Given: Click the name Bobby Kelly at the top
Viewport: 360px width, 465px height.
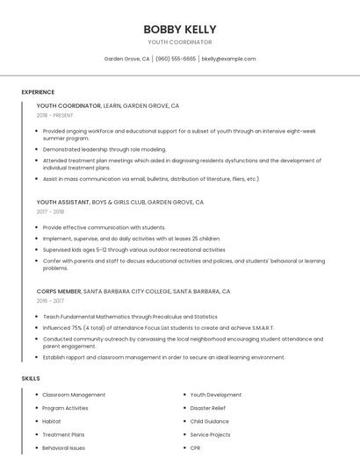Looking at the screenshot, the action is (x=180, y=29).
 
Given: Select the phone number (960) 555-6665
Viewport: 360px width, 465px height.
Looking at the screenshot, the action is (x=176, y=59).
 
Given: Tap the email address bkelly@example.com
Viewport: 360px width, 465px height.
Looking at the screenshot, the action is (x=228, y=59).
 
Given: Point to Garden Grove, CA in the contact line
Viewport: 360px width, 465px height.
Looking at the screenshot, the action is (x=126, y=59).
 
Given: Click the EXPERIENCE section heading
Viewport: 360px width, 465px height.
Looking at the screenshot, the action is (x=38, y=92).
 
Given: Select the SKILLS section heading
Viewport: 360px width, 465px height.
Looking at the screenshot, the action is (x=31, y=378).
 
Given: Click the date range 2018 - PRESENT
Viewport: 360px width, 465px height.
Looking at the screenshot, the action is (x=55, y=115).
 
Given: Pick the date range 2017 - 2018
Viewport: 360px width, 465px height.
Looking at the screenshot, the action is (x=50, y=211).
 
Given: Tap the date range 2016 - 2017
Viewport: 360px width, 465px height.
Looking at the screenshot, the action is (x=50, y=300).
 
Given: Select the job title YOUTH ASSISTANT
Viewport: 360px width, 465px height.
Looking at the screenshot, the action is (x=63, y=202).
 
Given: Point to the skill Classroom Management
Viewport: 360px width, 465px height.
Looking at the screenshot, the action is (x=74, y=395).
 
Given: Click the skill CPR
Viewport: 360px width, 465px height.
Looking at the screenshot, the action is (x=196, y=447).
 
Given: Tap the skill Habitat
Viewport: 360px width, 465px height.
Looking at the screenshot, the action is (x=52, y=421).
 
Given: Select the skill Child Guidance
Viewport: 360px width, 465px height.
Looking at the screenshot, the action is (x=210, y=421).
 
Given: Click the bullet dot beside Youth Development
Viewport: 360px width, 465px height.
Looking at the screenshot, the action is (x=184, y=395).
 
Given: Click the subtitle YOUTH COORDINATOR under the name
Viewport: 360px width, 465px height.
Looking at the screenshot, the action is (x=180, y=42).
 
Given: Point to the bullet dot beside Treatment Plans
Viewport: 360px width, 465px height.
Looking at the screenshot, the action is (x=36, y=434).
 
